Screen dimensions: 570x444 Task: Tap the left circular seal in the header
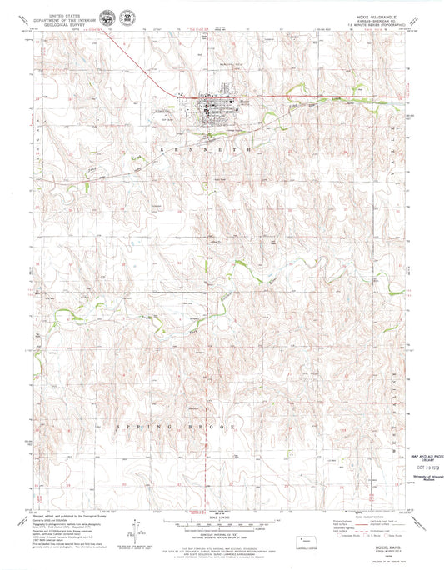click(108, 18)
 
